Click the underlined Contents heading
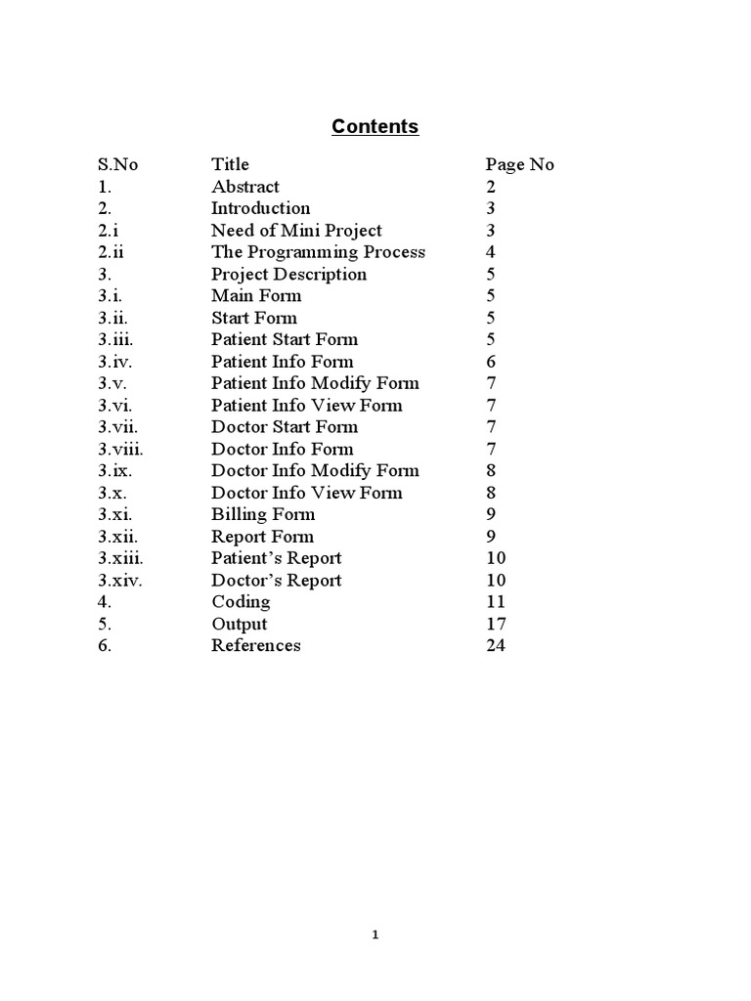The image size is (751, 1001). [x=375, y=126]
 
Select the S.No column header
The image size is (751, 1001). [x=118, y=164]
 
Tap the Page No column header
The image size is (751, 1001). [x=519, y=164]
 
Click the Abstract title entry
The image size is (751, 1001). [x=244, y=187]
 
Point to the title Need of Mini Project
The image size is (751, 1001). [x=296, y=231]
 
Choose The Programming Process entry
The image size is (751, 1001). [x=318, y=252]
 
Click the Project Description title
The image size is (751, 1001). [x=288, y=275]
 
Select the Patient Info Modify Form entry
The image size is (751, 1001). [x=315, y=383]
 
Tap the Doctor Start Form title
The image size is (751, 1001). [x=285, y=427]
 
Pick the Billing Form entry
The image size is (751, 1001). [x=263, y=514]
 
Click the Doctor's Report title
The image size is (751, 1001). [x=277, y=581]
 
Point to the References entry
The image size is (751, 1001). [x=256, y=646]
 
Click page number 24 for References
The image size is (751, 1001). [x=495, y=646]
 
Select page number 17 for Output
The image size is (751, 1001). [x=495, y=624]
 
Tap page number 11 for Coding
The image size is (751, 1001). [x=495, y=602]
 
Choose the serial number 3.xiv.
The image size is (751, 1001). [x=121, y=581]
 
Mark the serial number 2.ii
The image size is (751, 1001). [x=110, y=252]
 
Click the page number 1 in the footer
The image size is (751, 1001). [x=375, y=936]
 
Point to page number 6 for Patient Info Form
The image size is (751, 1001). [x=491, y=362]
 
